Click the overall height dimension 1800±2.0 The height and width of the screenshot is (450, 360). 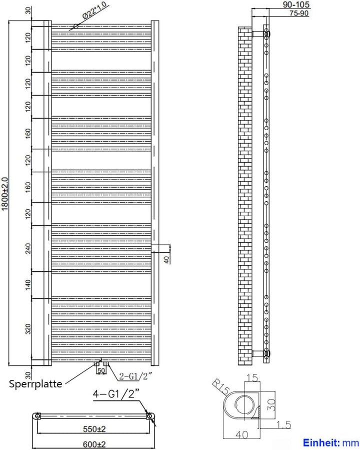[5, 193]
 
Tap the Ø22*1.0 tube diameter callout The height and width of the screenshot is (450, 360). [94, 10]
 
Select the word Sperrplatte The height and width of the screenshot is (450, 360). [35, 384]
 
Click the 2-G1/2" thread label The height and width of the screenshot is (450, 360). [135, 376]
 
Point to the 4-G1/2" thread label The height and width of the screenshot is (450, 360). [116, 394]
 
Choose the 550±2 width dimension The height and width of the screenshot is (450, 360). [94, 429]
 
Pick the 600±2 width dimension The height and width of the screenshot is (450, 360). [94, 444]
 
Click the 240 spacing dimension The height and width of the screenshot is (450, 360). [28, 249]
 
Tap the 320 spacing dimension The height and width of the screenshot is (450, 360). [28, 329]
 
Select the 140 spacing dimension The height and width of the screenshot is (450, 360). [28, 285]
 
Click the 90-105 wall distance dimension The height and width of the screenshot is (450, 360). [296, 5]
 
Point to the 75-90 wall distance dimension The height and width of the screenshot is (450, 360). [299, 13]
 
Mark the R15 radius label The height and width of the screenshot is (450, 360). [221, 386]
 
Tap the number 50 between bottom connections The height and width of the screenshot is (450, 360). [101, 370]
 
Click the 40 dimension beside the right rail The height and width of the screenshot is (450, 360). [166, 259]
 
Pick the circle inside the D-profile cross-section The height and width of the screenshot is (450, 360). [244, 405]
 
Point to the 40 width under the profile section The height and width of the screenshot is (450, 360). [241, 434]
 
